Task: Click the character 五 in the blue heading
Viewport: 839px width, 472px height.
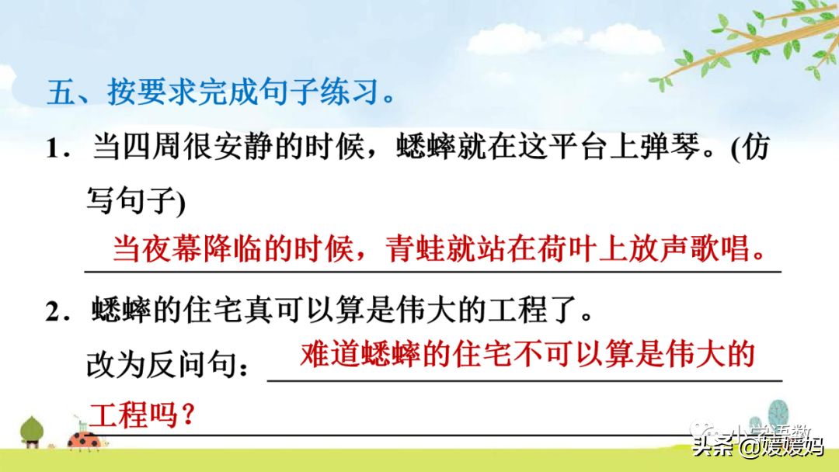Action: [61, 92]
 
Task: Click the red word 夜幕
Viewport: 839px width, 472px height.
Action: [172, 248]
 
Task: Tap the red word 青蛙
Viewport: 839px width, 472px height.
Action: [416, 248]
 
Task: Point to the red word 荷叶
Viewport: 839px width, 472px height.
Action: [568, 248]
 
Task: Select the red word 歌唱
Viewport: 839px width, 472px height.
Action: [720, 248]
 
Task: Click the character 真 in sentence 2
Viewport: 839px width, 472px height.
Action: [259, 310]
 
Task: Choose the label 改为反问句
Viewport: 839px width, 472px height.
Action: [162, 366]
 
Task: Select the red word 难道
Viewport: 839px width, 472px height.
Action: [330, 353]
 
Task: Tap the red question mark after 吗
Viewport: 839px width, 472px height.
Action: [187, 415]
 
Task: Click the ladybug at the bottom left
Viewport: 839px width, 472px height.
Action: [85, 440]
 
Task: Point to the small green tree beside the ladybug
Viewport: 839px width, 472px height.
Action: [32, 432]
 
